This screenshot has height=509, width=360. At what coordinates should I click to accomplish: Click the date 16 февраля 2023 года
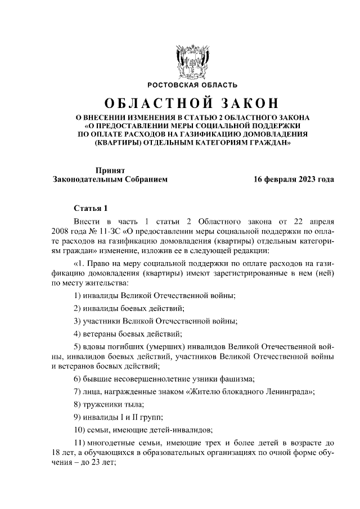[x=293, y=179]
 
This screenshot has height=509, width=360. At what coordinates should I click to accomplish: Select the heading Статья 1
[x=89, y=208]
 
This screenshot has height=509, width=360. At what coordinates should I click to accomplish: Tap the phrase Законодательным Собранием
[x=109, y=179]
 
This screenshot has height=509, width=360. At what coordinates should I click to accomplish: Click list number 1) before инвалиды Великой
[x=79, y=296]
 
